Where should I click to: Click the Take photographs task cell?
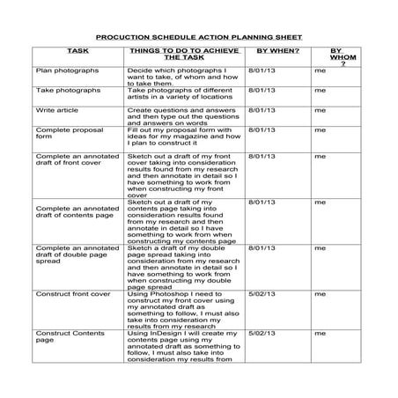[67, 90]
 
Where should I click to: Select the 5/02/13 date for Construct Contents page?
[262, 335]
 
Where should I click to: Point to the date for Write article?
[262, 111]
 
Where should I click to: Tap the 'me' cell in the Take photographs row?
[320, 90]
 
